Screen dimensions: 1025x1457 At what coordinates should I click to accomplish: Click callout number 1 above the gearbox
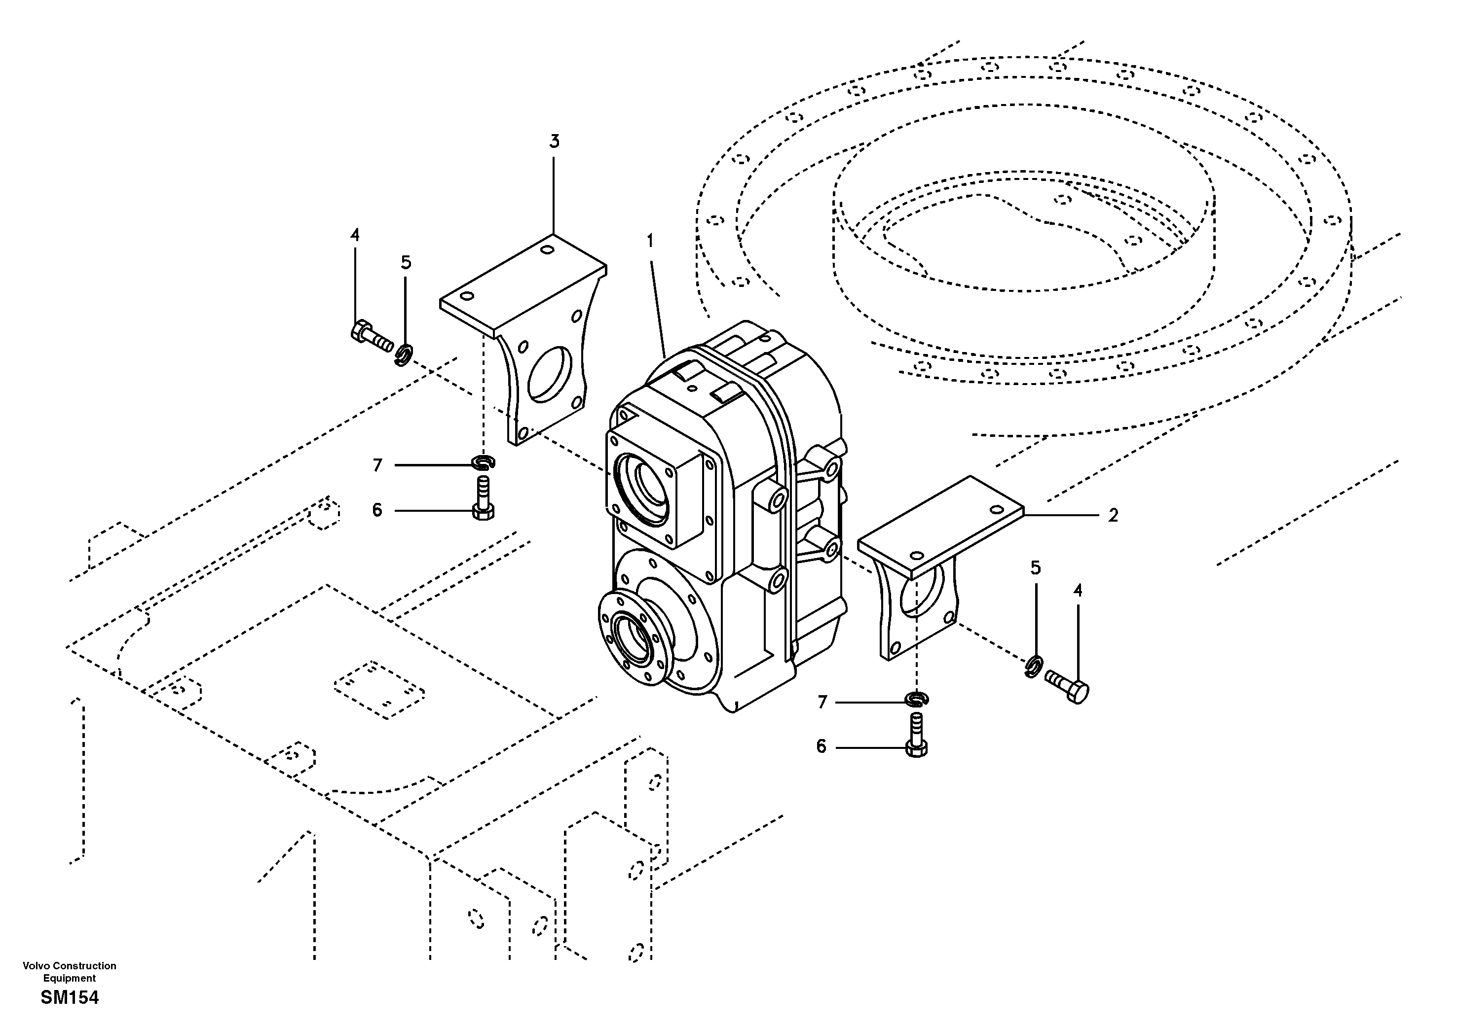click(x=650, y=241)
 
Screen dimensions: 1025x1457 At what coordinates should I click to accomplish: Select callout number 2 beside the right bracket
click(x=1113, y=516)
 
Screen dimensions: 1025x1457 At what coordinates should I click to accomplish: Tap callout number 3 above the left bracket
click(x=554, y=141)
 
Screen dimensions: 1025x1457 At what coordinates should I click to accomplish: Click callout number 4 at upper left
click(x=355, y=235)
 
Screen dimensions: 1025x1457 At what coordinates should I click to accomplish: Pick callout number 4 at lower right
click(x=1078, y=591)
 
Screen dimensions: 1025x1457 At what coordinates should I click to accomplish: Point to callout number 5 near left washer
click(x=406, y=263)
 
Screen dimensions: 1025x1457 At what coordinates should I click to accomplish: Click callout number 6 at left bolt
click(x=377, y=510)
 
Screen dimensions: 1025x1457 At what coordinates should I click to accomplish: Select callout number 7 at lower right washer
click(x=822, y=702)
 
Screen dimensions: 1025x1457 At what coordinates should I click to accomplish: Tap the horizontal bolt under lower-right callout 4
click(x=1067, y=686)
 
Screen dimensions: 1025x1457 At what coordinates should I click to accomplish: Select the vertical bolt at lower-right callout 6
click(x=916, y=736)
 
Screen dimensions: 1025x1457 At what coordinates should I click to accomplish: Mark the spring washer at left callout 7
click(x=484, y=463)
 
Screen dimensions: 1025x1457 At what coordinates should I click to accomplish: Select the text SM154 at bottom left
click(x=70, y=998)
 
